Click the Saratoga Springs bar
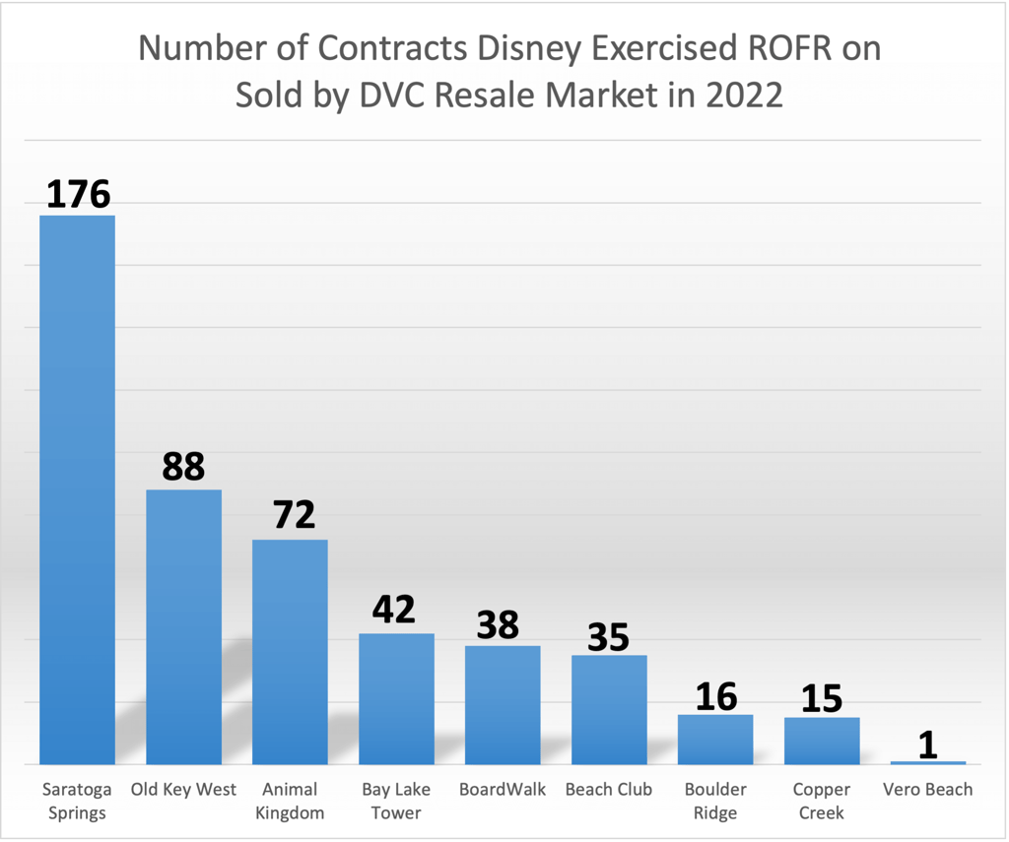pyautogui.click(x=77, y=489)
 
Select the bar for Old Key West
pyautogui.click(x=183, y=626)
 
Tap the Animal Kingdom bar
pyautogui.click(x=290, y=651)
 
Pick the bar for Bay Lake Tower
pyautogui.click(x=396, y=698)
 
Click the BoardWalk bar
pyautogui.click(x=503, y=704)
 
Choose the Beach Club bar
pyautogui.click(x=609, y=709)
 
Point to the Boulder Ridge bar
pyautogui.click(x=715, y=739)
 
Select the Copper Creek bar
pyautogui.click(x=822, y=741)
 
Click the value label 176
pyautogui.click(x=78, y=194)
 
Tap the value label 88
pyautogui.click(x=183, y=467)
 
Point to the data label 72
pyautogui.click(x=290, y=516)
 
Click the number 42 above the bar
pyautogui.click(x=396, y=611)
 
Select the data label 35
pyautogui.click(x=609, y=637)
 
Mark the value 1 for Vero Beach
pyautogui.click(x=928, y=745)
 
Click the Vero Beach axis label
pyautogui.click(x=928, y=790)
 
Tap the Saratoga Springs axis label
pyautogui.click(x=77, y=801)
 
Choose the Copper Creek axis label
pyautogui.click(x=822, y=801)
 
